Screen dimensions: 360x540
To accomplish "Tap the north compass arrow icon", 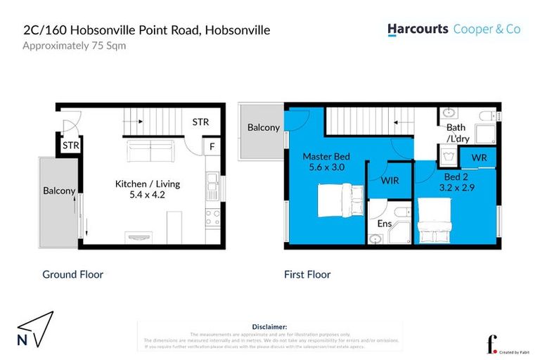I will (35, 328).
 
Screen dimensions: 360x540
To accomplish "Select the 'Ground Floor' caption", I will (72, 274).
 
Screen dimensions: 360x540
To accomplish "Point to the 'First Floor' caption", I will (307, 274).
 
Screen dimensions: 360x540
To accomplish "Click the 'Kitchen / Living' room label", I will (148, 184).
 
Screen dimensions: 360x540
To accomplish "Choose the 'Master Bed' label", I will (326, 156).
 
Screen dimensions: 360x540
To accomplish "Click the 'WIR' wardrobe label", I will (390, 181).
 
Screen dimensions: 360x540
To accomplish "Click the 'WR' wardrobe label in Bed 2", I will (480, 157).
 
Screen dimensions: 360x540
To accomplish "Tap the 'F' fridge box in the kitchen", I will (212, 147).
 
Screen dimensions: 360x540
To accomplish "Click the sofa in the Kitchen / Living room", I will (148, 151).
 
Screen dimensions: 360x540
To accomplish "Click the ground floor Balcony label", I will (60, 191).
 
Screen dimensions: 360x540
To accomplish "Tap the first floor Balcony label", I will (263, 128).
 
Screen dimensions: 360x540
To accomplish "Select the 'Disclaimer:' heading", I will (269, 327).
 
